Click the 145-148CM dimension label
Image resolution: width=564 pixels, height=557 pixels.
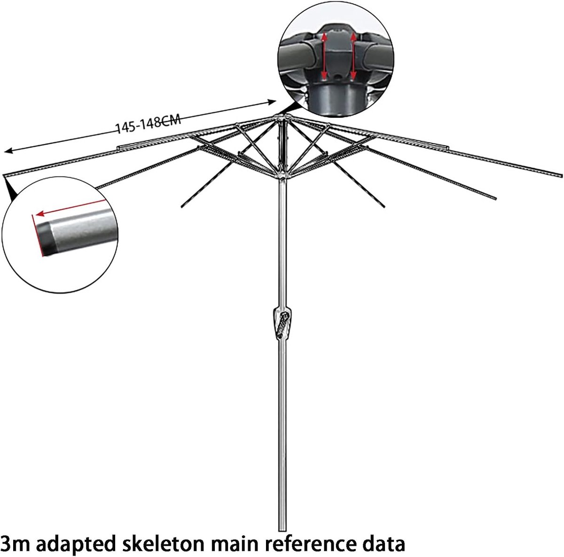(x=149, y=124)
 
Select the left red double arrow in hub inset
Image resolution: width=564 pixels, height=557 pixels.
(x=324, y=56)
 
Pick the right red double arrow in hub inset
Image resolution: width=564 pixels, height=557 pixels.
(x=353, y=56)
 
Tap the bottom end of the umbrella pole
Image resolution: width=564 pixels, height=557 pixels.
(x=282, y=529)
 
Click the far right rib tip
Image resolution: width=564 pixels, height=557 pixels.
(x=561, y=175)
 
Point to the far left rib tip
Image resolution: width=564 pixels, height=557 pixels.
(x=5, y=176)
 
